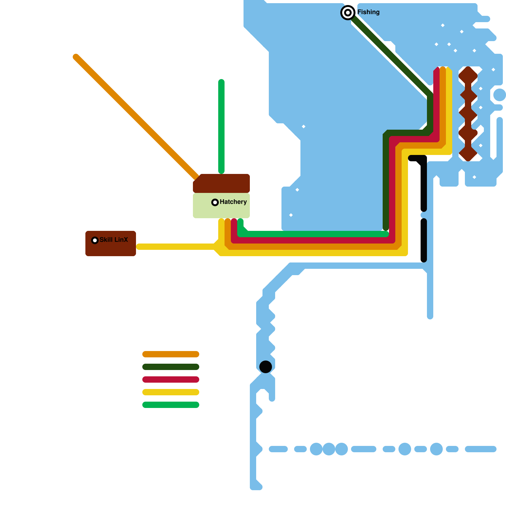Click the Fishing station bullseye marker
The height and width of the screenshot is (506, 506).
(x=348, y=13)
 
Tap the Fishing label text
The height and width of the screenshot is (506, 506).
(x=368, y=12)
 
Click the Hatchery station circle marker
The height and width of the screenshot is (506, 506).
(x=215, y=202)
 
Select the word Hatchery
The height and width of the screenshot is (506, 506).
(x=233, y=202)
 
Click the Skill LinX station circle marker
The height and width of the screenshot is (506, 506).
(x=95, y=240)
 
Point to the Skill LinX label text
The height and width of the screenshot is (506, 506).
(x=114, y=240)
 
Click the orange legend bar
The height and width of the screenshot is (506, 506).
(x=171, y=354)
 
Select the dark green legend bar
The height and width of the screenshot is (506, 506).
(x=171, y=367)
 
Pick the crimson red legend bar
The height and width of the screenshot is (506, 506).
(x=171, y=379)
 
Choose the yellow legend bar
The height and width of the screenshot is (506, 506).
(x=171, y=392)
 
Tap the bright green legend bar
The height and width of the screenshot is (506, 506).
(x=171, y=405)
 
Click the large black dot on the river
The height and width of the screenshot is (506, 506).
(x=266, y=367)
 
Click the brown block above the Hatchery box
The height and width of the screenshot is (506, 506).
(x=221, y=183)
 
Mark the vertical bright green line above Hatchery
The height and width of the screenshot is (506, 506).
(x=221, y=126)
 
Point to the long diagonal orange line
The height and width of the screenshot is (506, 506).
(x=136, y=117)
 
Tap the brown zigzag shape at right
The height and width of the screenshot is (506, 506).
(x=468, y=114)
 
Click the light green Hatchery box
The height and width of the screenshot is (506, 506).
(x=202, y=209)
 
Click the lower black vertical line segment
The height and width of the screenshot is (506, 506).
(x=424, y=240)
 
